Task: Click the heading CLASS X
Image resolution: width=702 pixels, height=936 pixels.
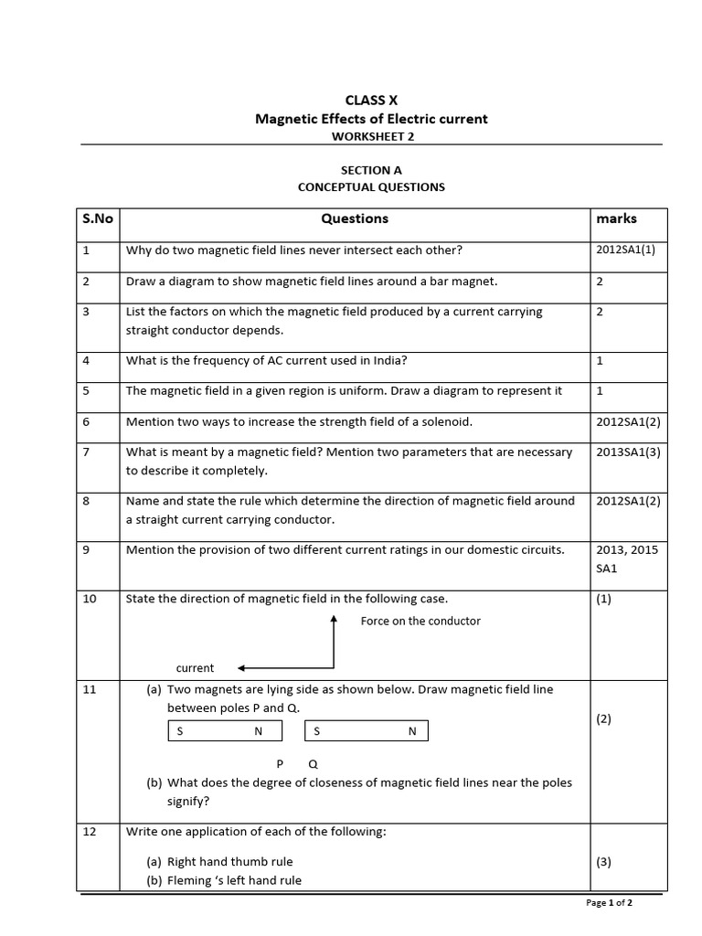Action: coord(371,101)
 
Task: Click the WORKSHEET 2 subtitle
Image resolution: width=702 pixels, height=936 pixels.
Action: coord(371,136)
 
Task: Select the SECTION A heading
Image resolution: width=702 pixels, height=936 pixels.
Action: coord(371,170)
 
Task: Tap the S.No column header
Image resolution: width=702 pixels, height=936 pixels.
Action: coord(98,219)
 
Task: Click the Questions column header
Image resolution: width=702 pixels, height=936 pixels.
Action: coord(355,219)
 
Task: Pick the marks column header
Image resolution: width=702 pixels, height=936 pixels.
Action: coord(616,219)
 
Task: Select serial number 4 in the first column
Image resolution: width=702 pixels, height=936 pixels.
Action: coord(86,360)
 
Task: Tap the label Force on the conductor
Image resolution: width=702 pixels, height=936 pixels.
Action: coord(420,621)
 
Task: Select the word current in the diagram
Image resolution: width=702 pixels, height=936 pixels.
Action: coord(195,668)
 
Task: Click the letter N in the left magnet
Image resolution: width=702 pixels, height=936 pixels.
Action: coord(258,731)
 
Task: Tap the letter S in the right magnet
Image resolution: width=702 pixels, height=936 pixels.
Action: coord(317,731)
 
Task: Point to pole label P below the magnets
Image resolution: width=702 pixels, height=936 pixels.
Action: coord(280,763)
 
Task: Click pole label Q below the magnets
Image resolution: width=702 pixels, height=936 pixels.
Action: coord(313,763)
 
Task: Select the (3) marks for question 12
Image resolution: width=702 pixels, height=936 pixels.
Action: coord(603,861)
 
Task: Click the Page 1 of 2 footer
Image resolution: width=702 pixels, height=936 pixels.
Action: coord(609,903)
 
